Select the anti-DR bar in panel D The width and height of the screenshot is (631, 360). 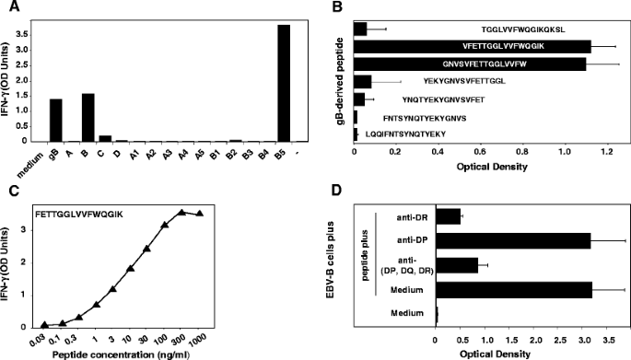coord(448,216)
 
